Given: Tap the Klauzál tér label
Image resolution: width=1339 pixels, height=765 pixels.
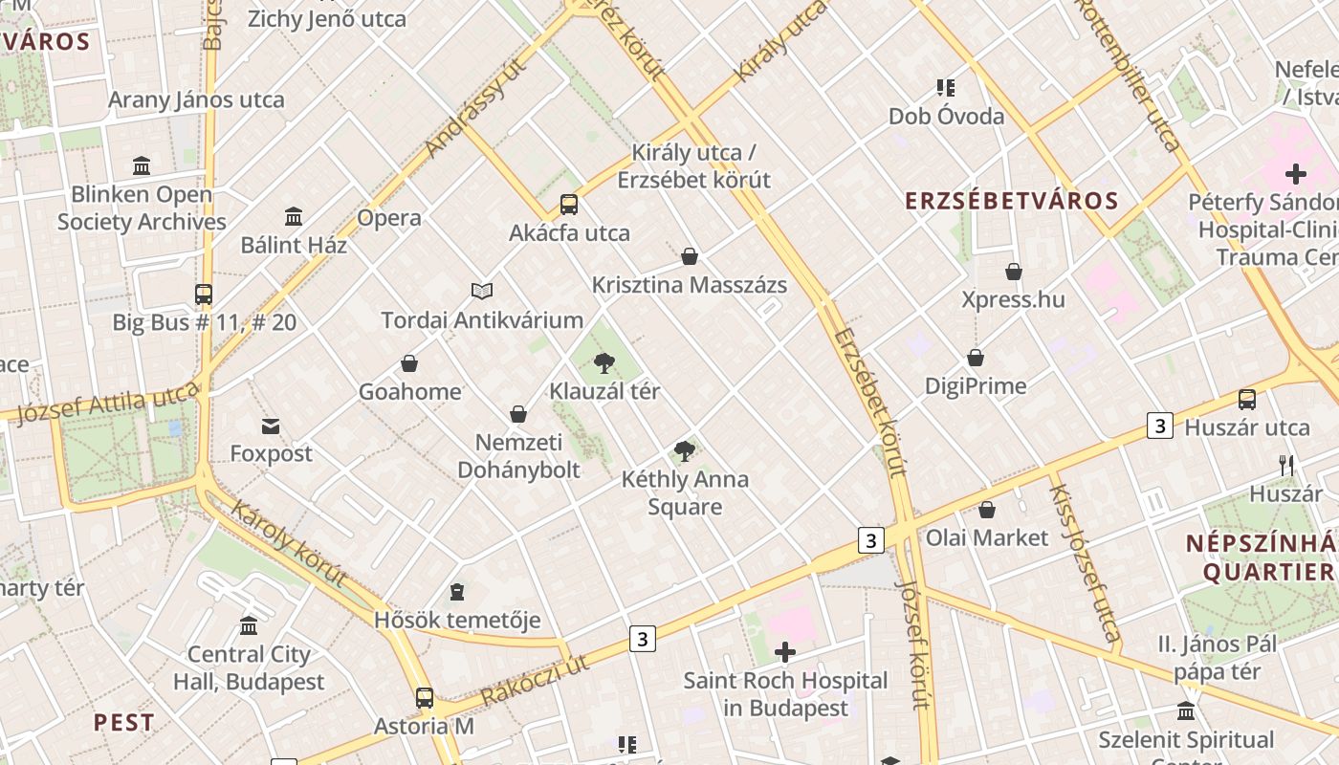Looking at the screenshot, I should tap(604, 391).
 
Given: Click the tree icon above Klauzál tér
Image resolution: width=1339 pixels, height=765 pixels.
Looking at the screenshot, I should tap(604, 362).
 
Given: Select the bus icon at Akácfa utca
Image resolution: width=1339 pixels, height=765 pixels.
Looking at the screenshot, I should tap(569, 204).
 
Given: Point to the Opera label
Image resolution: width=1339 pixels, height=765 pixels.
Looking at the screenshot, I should tap(389, 218).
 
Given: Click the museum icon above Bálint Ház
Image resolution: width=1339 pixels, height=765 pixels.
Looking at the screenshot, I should tap(294, 216).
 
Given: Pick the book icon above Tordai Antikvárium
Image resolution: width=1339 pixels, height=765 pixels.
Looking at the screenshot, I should tap(482, 291).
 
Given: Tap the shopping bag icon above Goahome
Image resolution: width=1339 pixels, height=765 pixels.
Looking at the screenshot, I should tap(409, 363).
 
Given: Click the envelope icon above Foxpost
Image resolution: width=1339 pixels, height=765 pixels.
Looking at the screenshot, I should tap(271, 426).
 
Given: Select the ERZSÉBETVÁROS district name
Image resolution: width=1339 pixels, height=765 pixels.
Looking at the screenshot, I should tap(1012, 201).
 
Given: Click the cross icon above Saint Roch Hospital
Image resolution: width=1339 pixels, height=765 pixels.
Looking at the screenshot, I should tap(785, 652).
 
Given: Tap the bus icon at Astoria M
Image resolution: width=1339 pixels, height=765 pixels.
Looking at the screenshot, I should tap(425, 698).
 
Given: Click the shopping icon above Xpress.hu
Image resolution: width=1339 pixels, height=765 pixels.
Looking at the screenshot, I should tap(1014, 272).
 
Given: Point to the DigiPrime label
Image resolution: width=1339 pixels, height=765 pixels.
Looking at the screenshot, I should tap(976, 386).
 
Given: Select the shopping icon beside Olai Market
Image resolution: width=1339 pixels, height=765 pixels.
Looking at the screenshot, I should tap(987, 510).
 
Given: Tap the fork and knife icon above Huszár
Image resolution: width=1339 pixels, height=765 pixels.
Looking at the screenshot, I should tap(1286, 466).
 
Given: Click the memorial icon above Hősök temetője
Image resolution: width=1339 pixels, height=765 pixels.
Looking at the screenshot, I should tap(457, 592).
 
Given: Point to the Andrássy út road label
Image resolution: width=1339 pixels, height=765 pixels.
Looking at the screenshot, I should tap(476, 106).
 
